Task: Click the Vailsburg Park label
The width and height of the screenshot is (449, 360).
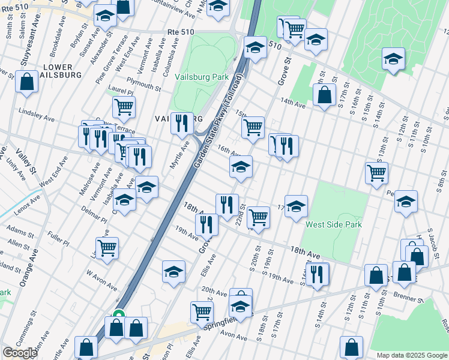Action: pyautogui.click(x=202, y=77)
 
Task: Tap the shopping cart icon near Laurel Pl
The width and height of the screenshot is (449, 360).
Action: pyautogui.click(x=124, y=107)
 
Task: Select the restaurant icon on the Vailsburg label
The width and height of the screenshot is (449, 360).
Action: pyautogui.click(x=182, y=123)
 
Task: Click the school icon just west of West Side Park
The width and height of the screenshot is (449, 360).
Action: pyautogui.click(x=296, y=206)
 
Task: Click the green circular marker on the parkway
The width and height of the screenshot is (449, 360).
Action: pyautogui.click(x=119, y=314)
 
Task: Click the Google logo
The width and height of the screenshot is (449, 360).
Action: pyautogui.click(x=20, y=353)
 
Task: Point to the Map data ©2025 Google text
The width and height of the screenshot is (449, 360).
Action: pyautogui.click(x=411, y=355)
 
